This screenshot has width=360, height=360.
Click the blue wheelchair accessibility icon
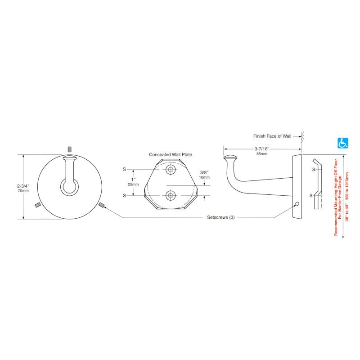pos(343,143)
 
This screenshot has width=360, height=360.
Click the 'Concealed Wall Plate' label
pos(171,154)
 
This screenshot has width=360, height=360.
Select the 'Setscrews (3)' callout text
pos(221,217)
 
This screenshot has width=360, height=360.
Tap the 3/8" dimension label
pos(204,172)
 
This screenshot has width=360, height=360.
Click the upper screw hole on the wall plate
pos(171,170)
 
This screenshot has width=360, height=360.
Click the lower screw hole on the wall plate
pos(171,195)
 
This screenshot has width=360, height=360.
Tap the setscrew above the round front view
pos(70,149)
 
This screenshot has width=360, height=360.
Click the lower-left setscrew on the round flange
pos(38,205)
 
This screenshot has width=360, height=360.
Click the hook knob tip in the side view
pos(230,158)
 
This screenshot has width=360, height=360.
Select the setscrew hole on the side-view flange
pos(297,204)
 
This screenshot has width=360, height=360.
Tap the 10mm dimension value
pos(204,177)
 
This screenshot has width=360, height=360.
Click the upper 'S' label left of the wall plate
pos(124,170)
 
